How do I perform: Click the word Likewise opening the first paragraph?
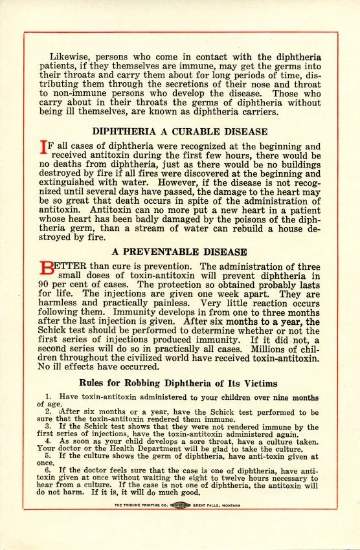[x=69, y=57]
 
